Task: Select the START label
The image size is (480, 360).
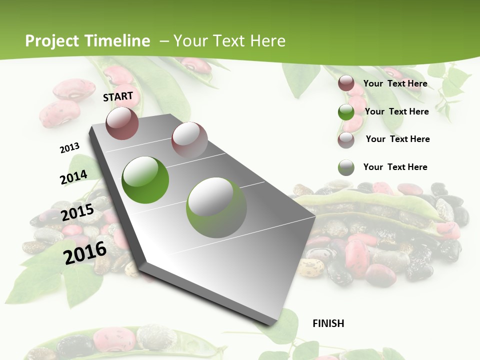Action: [118, 96]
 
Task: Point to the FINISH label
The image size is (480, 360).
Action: [328, 323]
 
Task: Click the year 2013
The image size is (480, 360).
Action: [69, 147]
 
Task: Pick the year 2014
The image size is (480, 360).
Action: [73, 177]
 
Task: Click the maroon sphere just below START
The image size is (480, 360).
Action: [122, 123]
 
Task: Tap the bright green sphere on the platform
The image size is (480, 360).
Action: [145, 179]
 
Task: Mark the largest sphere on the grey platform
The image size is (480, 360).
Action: [216, 207]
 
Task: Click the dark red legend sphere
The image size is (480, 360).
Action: [346, 83]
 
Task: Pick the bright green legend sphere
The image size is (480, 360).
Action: [346, 112]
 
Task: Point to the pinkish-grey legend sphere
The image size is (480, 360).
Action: [346, 140]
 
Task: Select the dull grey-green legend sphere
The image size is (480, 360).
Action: [346, 167]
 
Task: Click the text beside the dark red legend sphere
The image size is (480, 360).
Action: [395, 83]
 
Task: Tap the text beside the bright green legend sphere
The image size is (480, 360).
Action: [396, 111]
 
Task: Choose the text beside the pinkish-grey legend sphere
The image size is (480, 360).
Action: [397, 139]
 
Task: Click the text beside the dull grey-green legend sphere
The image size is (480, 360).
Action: [395, 167]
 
